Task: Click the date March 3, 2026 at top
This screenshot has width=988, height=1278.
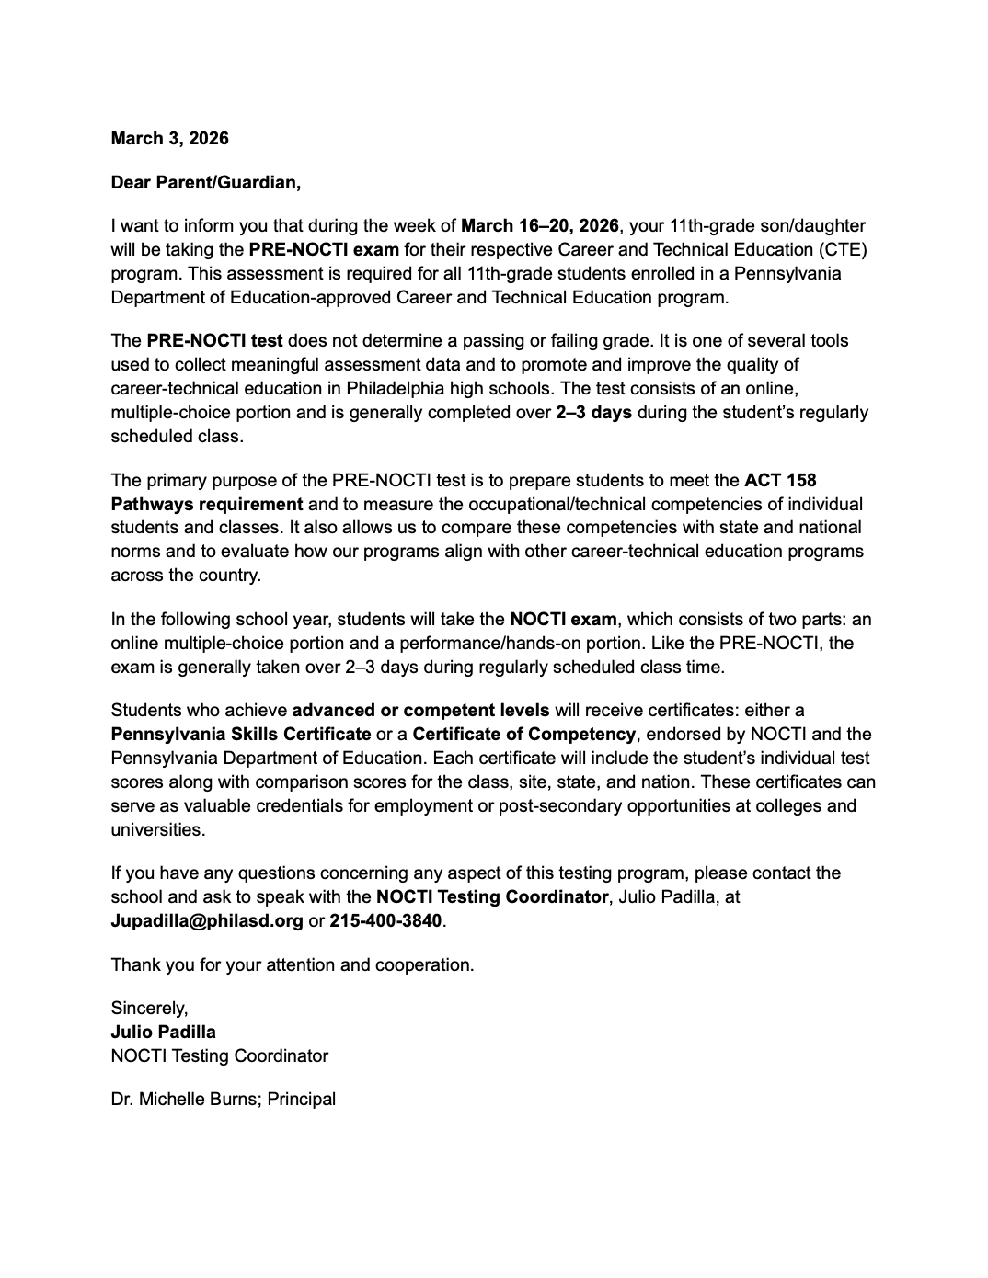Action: point(169,139)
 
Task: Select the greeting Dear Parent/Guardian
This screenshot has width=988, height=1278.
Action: point(205,182)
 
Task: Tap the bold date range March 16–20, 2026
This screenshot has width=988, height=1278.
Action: point(539,225)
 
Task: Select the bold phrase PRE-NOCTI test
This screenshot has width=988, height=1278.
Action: point(214,340)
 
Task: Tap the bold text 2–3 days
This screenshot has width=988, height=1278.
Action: point(593,412)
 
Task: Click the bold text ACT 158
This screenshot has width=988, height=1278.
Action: point(780,480)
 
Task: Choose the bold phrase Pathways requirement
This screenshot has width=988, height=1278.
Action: point(207,504)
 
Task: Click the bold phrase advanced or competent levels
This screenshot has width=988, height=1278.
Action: point(420,710)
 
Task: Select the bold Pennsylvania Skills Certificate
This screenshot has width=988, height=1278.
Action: point(241,734)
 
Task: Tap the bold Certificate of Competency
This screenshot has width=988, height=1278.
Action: point(523,734)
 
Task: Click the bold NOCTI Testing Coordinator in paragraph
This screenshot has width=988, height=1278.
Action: point(492,896)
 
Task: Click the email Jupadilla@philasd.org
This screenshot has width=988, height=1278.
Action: point(207,920)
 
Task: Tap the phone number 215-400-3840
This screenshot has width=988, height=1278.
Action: point(385,920)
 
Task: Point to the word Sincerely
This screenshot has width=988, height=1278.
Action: point(149,1008)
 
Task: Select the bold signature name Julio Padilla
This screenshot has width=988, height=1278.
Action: point(164,1032)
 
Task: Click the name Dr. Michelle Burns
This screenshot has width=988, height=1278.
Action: point(187,1099)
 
